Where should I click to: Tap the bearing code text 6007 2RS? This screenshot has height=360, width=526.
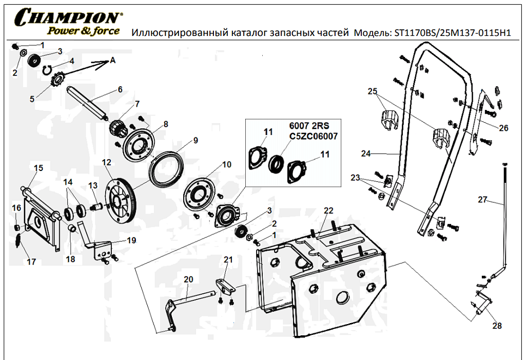click(x=309, y=126)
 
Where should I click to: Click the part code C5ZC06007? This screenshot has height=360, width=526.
click(x=314, y=136)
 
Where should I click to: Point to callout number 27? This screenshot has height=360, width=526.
click(x=482, y=200)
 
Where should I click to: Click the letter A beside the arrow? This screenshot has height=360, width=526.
click(x=113, y=61)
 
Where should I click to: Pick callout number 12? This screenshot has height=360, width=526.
click(x=106, y=162)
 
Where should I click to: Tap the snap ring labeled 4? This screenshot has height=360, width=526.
click(x=47, y=69)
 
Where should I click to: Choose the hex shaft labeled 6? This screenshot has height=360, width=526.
click(x=88, y=103)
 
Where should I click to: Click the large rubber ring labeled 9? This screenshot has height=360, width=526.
click(x=167, y=168)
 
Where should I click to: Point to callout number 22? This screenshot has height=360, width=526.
click(x=328, y=211)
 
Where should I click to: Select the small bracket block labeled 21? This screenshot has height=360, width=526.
click(x=225, y=287)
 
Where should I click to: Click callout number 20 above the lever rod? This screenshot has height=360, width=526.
click(x=188, y=279)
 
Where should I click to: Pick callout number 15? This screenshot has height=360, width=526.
click(x=38, y=168)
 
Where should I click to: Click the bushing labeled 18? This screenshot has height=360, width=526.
click(x=71, y=229)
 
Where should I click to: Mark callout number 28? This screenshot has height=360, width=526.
click(x=497, y=326)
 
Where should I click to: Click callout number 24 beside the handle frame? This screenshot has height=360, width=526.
click(x=366, y=154)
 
